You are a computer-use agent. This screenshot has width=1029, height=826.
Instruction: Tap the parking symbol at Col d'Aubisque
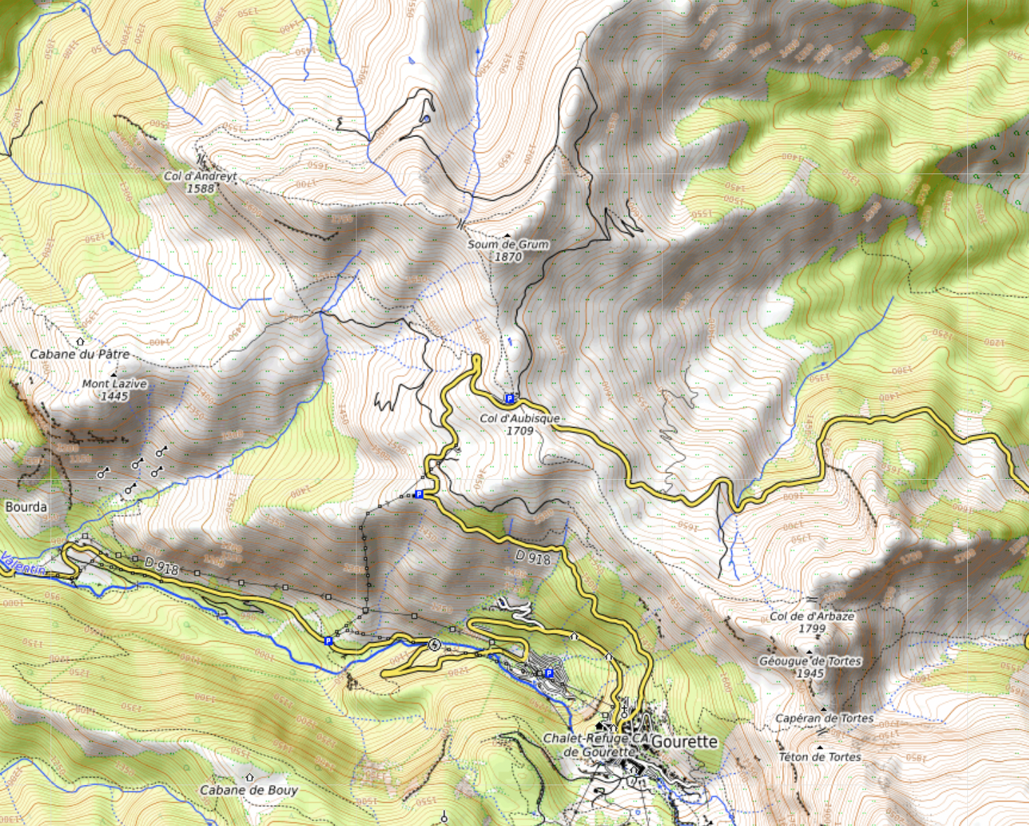(510, 399)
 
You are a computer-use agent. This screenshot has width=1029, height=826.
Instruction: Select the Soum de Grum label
(508, 244)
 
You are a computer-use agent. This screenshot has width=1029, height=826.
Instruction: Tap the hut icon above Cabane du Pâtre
(80, 341)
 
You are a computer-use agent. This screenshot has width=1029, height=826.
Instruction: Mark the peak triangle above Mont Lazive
(114, 374)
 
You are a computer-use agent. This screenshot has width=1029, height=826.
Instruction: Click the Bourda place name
(26, 506)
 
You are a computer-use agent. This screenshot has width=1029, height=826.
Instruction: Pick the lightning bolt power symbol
(434, 645)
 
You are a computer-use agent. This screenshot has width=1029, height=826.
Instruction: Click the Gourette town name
(684, 742)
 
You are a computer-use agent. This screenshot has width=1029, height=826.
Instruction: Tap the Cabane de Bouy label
(249, 790)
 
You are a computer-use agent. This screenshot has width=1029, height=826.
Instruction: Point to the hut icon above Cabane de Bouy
(249, 777)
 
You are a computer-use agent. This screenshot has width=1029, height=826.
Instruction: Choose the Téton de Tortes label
(820, 756)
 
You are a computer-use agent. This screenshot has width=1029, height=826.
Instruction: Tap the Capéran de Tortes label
(824, 718)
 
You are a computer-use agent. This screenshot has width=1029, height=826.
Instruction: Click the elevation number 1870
(508, 257)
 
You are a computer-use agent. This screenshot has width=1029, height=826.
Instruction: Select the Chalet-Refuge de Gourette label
(594, 745)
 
